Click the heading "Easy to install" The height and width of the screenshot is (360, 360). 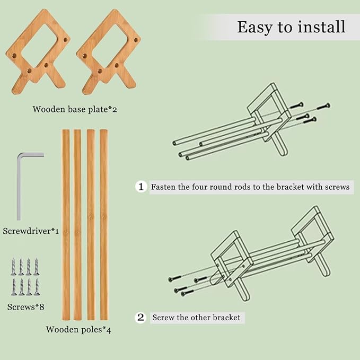coord(291,28)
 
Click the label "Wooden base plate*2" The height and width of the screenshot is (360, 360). coord(75,109)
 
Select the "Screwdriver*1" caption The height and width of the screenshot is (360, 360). coord(31,231)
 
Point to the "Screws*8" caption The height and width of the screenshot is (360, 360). coord(25,307)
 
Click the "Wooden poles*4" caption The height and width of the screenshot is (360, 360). coord(78,330)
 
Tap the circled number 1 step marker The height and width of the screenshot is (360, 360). coord(141,187)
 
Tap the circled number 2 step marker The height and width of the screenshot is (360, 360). coord(141,318)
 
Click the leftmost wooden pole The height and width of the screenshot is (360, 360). coord(66,225)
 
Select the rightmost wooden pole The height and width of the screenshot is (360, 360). coord(104,225)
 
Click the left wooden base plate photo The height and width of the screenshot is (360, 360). coord(38,51)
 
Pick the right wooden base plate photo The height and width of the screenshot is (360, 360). coord(108,51)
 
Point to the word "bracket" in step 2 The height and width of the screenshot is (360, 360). coord(226,318)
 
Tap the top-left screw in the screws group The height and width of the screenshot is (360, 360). coord(14,267)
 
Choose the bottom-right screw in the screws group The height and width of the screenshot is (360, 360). coord(37,287)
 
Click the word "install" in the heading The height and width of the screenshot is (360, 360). coord(321,27)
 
